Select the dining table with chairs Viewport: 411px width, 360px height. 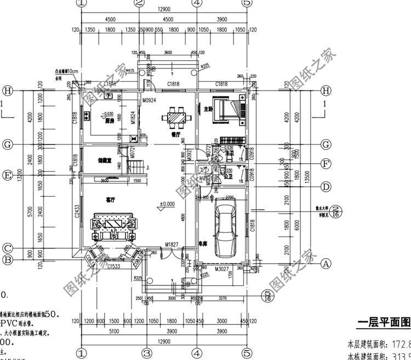(177, 116)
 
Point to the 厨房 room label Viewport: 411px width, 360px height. (109, 122)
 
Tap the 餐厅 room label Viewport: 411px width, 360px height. (176, 133)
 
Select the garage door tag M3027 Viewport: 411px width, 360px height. (221, 268)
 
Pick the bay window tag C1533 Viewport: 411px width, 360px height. (115, 266)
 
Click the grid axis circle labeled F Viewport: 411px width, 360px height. (325, 163)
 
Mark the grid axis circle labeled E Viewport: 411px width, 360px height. (8, 175)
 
